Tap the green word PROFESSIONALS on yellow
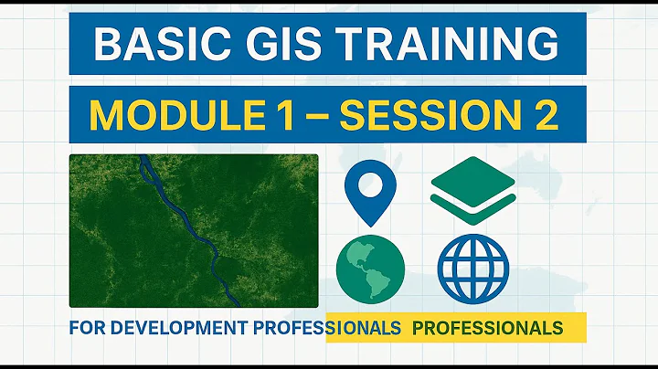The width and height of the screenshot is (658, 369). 487,327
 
